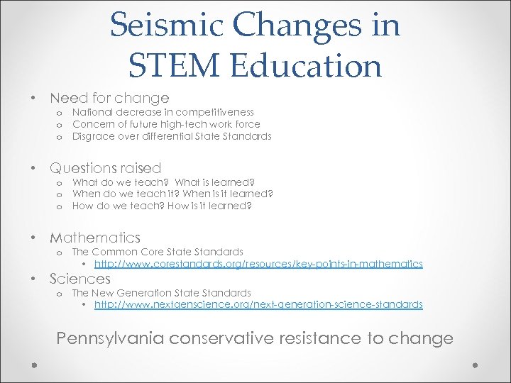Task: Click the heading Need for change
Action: click(x=109, y=98)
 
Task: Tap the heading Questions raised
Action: click(x=105, y=168)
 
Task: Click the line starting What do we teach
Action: click(x=163, y=182)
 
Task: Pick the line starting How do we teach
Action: click(x=162, y=206)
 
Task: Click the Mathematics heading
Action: click(x=95, y=238)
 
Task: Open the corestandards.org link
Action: click(x=258, y=264)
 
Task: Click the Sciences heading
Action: click(x=79, y=279)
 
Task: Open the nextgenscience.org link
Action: click(x=258, y=304)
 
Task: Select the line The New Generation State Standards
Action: click(x=161, y=292)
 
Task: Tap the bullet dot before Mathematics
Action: click(x=33, y=238)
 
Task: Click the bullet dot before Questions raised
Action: click(x=33, y=168)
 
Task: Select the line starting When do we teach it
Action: click(x=172, y=194)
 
